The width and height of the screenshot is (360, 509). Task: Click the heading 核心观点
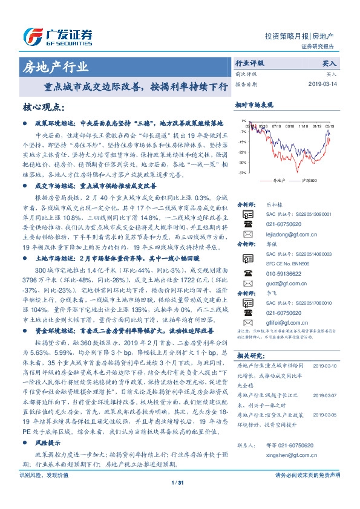43,107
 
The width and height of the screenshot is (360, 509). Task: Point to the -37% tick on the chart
242,172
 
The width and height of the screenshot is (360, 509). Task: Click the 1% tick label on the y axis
243,121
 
